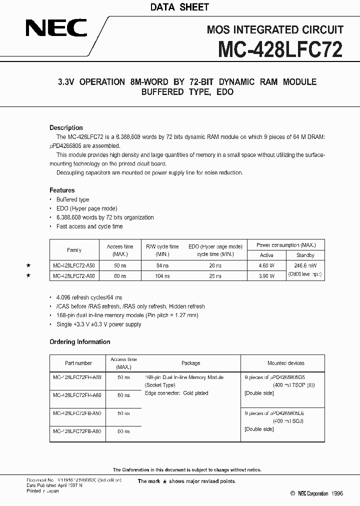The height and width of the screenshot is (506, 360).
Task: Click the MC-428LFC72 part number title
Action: pos(280,50)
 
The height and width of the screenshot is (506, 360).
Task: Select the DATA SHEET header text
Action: pos(180,7)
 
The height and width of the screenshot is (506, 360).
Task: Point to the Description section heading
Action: pos(66,128)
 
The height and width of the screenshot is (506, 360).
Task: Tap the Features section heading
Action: pos(62,190)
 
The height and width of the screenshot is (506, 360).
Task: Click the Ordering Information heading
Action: pos(80,342)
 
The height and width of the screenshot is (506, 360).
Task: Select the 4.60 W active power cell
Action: pos(266,266)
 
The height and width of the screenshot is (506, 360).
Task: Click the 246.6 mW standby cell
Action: pos(305,266)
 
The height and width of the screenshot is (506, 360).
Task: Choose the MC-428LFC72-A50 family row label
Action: pos(74,266)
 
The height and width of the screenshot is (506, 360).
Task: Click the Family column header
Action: pos(74,250)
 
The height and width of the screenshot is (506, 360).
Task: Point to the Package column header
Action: pos(190,363)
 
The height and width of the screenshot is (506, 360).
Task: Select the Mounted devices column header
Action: pos(285,363)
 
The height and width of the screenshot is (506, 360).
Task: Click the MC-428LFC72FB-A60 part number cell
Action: pos(77,431)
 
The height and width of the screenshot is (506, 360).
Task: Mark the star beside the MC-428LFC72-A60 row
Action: pos(28,275)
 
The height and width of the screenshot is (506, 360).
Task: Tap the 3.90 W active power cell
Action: pos(266,275)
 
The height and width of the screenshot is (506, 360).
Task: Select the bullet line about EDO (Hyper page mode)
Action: pos(86,208)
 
